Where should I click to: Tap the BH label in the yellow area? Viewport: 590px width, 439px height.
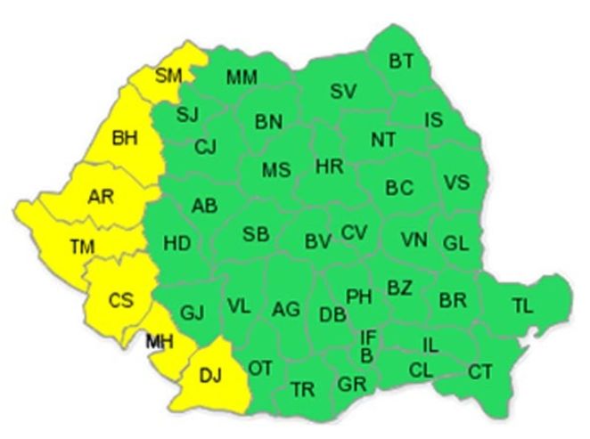click(127, 138)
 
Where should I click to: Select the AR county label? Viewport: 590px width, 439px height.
click(101, 198)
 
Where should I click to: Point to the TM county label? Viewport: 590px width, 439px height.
click(83, 246)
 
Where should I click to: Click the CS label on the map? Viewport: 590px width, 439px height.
click(120, 300)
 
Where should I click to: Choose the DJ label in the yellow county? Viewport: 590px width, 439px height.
click(209, 378)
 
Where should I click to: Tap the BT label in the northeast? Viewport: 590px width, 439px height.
click(401, 61)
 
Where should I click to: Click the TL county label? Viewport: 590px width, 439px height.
click(522, 307)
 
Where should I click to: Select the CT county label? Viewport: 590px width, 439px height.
click(480, 371)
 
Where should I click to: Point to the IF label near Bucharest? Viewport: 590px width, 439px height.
click(367, 337)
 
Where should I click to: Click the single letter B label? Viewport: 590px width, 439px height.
click(365, 355)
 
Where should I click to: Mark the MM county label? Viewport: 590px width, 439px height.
click(242, 77)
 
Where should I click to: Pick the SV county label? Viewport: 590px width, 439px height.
click(343, 91)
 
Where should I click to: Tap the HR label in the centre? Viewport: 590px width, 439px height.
click(329, 166)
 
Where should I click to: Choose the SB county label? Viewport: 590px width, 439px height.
click(256, 234)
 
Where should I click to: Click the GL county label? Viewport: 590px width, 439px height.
click(455, 242)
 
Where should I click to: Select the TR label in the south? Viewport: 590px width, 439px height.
click(302, 389)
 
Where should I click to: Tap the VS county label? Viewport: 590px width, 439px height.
click(456, 183)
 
